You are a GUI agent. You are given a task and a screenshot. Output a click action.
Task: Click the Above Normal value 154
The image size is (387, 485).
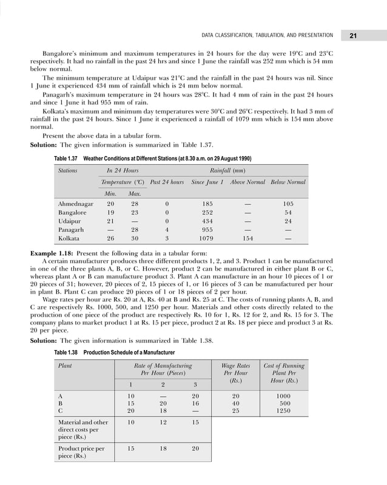pyautogui.click(x=247, y=239)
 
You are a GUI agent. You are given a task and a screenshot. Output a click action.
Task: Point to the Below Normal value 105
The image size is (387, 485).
pyautogui.click(x=288, y=204)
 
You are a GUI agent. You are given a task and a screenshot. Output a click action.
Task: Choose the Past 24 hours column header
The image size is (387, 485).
pyautogui.click(x=167, y=182)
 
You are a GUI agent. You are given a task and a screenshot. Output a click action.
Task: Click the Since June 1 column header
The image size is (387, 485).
pyautogui.click(x=207, y=182)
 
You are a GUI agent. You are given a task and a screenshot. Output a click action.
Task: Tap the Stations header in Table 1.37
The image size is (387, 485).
pyautogui.click(x=67, y=171)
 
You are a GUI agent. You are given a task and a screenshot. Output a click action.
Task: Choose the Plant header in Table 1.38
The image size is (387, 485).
pyautogui.click(x=64, y=366)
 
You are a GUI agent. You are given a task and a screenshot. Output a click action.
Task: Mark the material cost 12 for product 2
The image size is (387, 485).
pyautogui.click(x=163, y=422)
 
